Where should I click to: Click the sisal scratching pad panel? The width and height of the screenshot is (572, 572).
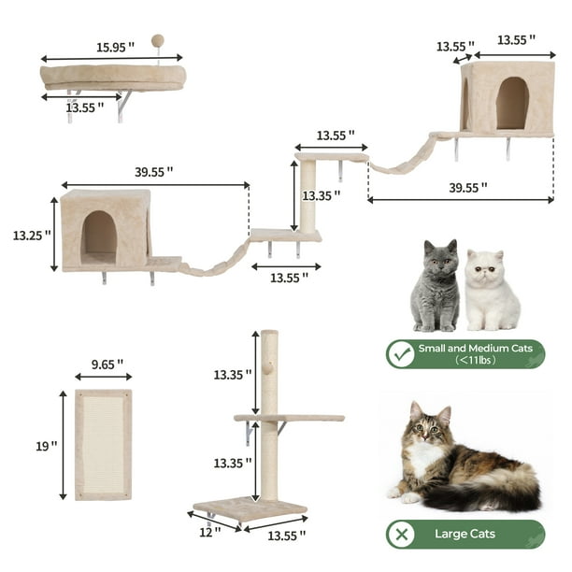coord(103,444)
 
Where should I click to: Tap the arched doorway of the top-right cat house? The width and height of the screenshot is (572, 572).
coord(511,102)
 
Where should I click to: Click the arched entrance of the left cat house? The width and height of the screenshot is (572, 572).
coord(98,237)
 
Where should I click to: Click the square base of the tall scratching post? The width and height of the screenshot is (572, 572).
coord(250,509)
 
